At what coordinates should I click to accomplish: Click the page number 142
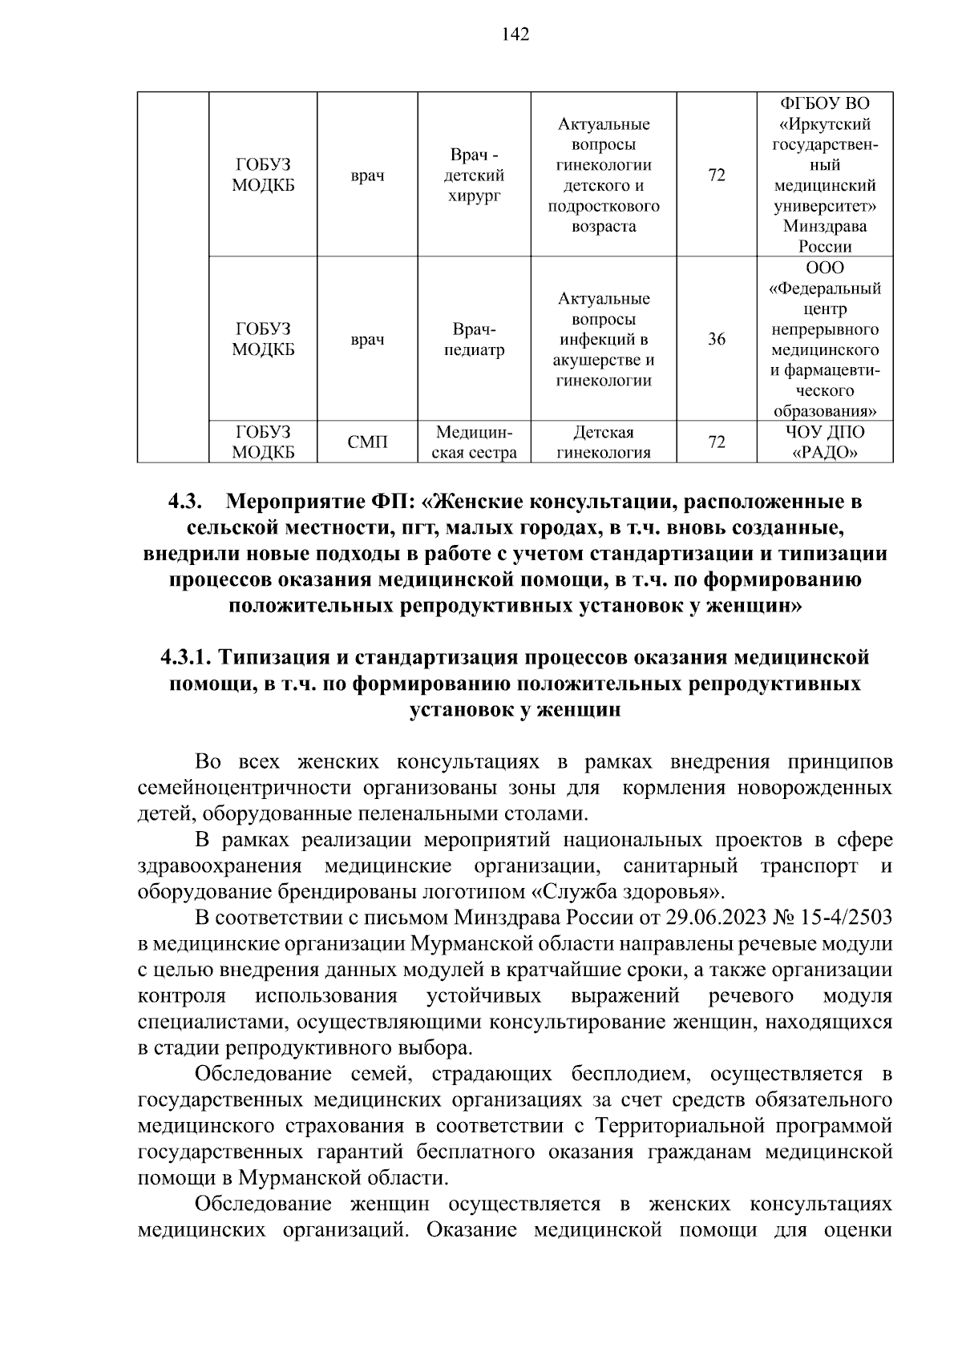tap(515, 34)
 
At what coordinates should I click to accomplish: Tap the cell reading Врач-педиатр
tap(475, 340)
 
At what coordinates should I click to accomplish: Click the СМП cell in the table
tap(367, 442)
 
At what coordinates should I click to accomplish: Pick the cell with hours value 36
tap(716, 340)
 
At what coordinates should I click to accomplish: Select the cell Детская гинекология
tap(603, 442)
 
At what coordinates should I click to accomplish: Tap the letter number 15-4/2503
tap(846, 918)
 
